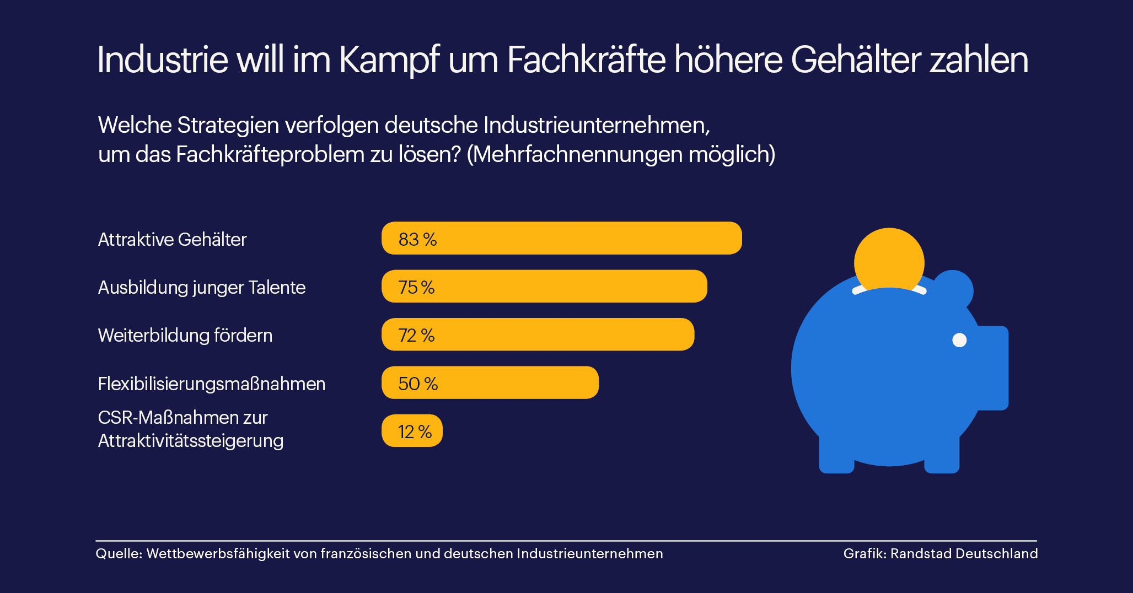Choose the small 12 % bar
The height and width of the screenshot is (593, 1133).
(412, 430)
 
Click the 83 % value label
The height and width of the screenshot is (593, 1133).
(417, 239)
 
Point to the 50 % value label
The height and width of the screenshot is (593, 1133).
(418, 384)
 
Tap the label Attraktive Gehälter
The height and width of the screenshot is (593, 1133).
(172, 239)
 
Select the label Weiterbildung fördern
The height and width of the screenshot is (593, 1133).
(185, 335)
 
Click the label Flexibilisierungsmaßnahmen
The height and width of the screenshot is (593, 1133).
(211, 384)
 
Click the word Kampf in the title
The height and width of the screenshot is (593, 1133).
(389, 60)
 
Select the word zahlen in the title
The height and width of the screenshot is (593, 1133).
(979, 60)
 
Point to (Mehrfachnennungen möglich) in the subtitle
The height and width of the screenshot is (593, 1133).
(621, 154)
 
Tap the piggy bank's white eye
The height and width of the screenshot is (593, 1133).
(959, 340)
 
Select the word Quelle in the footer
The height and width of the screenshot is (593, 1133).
(118, 554)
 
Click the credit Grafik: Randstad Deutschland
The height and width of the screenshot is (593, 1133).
(940, 554)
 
